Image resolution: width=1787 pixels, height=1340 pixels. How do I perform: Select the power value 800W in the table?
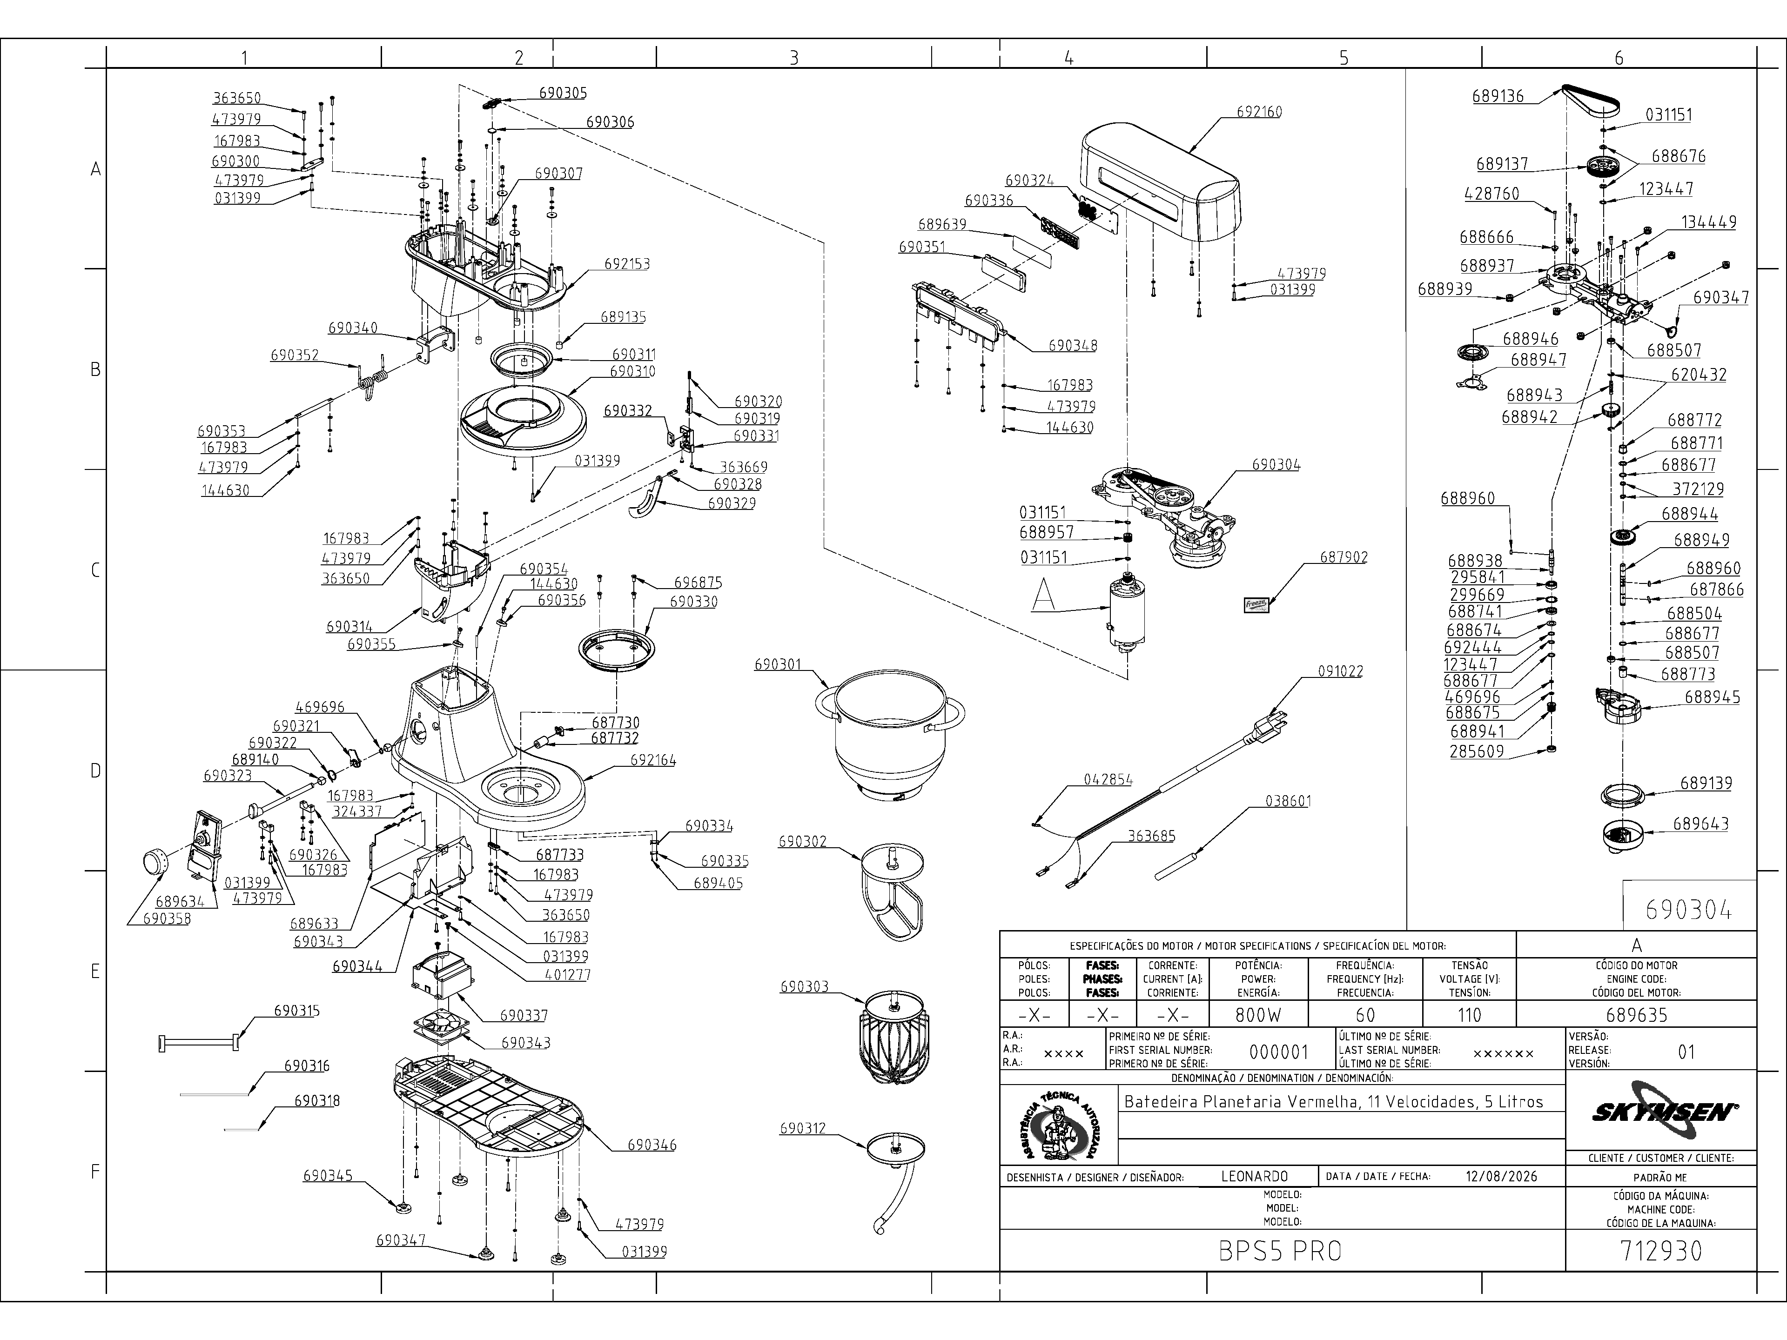[x=1258, y=1014]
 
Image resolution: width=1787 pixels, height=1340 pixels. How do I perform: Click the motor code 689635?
[x=1636, y=1014]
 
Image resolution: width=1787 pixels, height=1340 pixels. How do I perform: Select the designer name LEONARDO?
[x=1255, y=1177]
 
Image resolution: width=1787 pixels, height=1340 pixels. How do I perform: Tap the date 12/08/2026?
[x=1502, y=1177]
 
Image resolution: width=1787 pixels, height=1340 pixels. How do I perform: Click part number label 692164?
[x=653, y=760]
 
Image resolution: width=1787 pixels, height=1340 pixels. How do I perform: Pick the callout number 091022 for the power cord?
[x=1340, y=671]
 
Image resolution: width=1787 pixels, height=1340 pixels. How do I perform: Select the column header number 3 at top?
[x=793, y=57]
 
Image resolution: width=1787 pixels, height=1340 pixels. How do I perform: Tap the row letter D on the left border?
[x=95, y=771]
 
